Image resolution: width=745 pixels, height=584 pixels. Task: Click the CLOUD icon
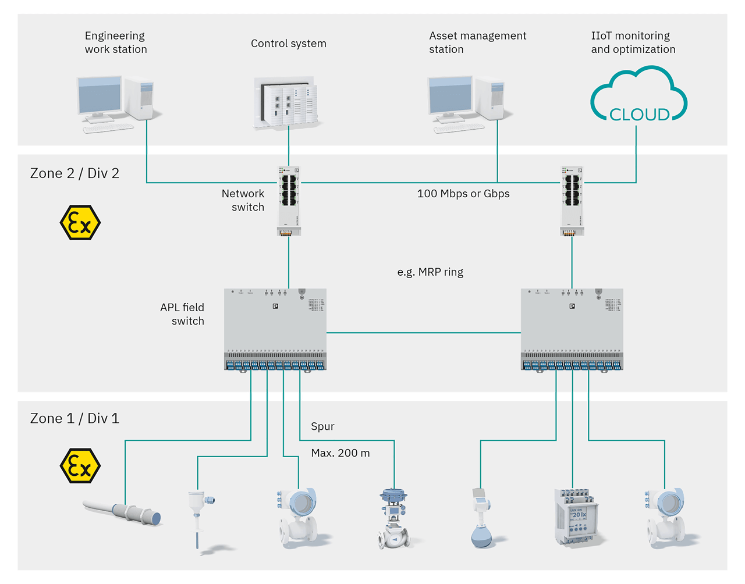(638, 96)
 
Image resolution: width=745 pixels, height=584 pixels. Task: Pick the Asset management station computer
(466, 103)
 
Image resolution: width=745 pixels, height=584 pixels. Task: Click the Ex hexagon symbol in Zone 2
(80, 223)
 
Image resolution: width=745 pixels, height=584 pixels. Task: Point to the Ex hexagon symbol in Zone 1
(80, 466)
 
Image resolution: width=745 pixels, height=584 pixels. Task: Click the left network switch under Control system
(289, 201)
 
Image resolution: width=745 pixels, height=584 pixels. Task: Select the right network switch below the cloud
(572, 201)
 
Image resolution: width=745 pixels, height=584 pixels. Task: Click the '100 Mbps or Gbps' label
(463, 194)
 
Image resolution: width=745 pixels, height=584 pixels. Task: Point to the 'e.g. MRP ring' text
(430, 272)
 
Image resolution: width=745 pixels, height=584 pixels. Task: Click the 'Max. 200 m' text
(340, 453)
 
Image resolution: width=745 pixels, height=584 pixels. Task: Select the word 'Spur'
(322, 426)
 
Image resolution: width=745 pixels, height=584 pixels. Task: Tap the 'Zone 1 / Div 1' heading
(74, 418)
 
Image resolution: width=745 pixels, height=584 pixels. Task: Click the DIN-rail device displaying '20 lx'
(576, 517)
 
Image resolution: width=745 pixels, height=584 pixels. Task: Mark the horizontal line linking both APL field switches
(423, 333)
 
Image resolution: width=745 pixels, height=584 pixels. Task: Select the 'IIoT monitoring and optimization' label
(633, 42)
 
